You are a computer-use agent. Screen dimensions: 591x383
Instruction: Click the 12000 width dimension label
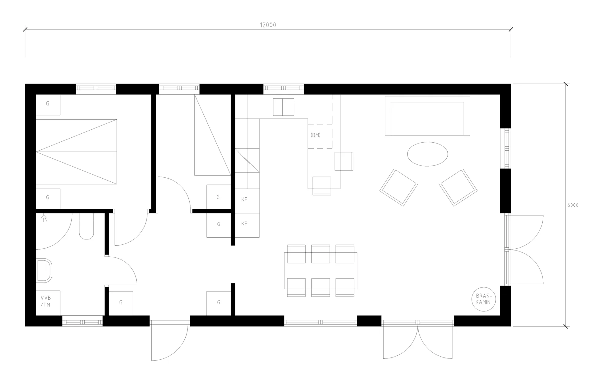point(268,25)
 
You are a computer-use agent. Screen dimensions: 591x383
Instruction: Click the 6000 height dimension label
point(573,205)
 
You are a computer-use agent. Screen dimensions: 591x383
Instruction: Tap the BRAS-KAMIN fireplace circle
point(484,299)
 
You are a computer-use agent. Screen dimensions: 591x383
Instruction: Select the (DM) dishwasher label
point(316,135)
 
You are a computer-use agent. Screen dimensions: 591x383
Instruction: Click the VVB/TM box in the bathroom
point(48,303)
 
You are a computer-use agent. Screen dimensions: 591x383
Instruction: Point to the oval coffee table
point(428,154)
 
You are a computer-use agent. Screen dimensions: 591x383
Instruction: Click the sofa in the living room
point(427,116)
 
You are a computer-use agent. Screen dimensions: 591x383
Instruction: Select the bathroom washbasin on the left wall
point(44,270)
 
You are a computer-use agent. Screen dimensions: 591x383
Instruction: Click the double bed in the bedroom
point(76,152)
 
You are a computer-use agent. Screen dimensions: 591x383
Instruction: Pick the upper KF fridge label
point(244,199)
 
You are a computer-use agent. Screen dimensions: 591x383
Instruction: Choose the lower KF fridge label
point(244,224)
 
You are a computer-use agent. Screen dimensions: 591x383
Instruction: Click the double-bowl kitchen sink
point(283,107)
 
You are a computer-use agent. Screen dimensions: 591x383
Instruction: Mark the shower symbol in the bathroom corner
point(44,218)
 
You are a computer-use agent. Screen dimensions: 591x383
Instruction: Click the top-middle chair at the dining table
point(320,254)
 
